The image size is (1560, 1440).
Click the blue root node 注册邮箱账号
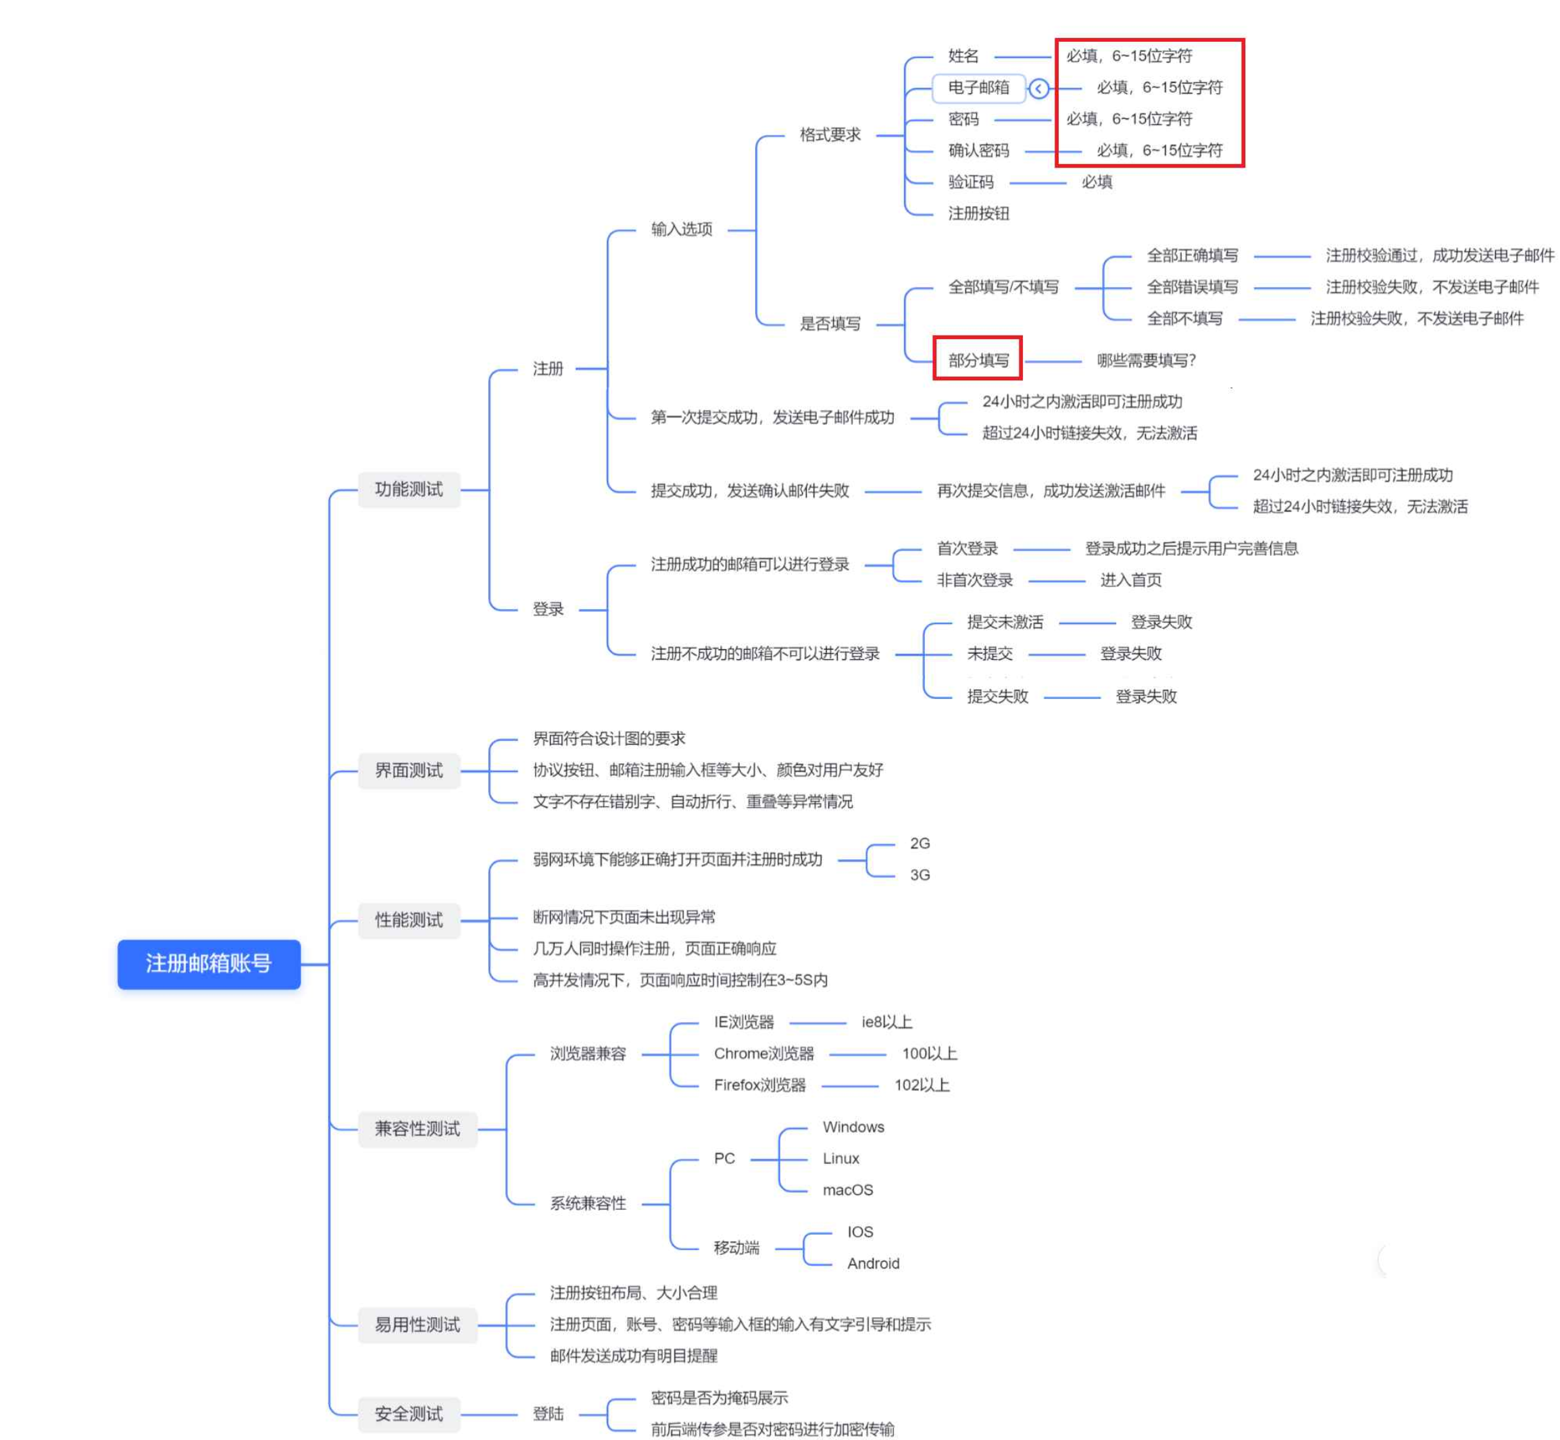(209, 964)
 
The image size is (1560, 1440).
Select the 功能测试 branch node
(409, 490)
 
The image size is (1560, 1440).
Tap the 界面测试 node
(409, 771)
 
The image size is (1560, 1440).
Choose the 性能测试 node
(409, 920)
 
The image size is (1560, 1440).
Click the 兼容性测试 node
(417, 1129)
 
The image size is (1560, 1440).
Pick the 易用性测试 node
(417, 1325)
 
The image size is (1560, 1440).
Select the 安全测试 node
(409, 1414)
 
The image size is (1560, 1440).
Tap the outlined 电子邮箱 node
(978, 88)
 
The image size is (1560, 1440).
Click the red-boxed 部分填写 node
(978, 360)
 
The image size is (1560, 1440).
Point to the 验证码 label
(971, 182)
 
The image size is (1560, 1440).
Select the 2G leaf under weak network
(920, 844)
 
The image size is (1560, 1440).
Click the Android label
(873, 1263)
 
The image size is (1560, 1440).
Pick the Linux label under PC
(840, 1159)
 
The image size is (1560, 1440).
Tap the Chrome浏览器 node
(763, 1054)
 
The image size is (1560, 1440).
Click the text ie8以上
(886, 1023)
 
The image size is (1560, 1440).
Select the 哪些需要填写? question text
(1146, 360)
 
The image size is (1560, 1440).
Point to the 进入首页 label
(1130, 580)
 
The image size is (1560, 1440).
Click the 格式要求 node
(830, 135)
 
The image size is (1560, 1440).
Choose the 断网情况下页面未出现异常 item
(624, 917)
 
